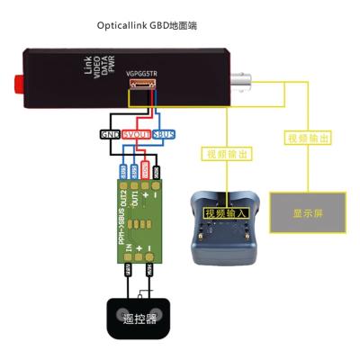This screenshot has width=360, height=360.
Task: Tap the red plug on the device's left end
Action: pos(16,85)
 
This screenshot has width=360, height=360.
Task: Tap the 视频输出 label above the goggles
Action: pos(226,155)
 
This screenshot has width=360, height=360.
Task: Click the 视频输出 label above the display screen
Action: pos(307,138)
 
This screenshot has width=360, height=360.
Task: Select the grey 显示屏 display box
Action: pos(307,214)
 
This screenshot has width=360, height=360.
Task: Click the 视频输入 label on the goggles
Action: pos(226,213)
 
